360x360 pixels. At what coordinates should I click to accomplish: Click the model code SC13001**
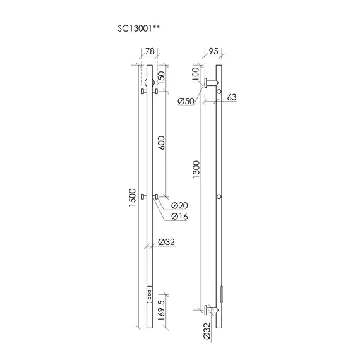pyautogui.click(x=138, y=28)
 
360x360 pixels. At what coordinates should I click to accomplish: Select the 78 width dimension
pyautogui.click(x=150, y=51)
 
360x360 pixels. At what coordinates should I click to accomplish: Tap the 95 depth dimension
pyautogui.click(x=213, y=51)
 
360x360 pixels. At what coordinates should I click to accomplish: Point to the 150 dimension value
pyautogui.click(x=162, y=78)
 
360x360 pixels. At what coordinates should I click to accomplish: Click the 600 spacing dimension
pyautogui.click(x=162, y=143)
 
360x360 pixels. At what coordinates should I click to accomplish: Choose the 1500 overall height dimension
pyautogui.click(x=133, y=198)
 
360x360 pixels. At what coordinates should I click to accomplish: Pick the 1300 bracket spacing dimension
pyautogui.click(x=196, y=170)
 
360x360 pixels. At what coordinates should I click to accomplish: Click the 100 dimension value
pyautogui.click(x=195, y=73)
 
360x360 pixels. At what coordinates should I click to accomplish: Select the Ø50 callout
pyautogui.click(x=186, y=101)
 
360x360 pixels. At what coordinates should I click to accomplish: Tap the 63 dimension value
pyautogui.click(x=232, y=97)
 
